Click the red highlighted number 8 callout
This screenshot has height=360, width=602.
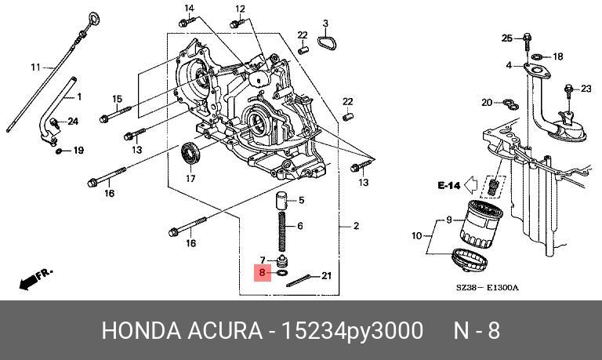263,274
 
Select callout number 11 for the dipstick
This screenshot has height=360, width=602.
34,67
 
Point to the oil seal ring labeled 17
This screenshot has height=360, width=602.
190,154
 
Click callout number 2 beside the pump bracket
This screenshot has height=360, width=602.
356,226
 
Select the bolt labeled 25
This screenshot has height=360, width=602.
528,38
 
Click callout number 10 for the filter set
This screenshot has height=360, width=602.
417,235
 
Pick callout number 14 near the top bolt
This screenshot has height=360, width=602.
189,8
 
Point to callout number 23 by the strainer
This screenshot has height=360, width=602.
586,89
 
